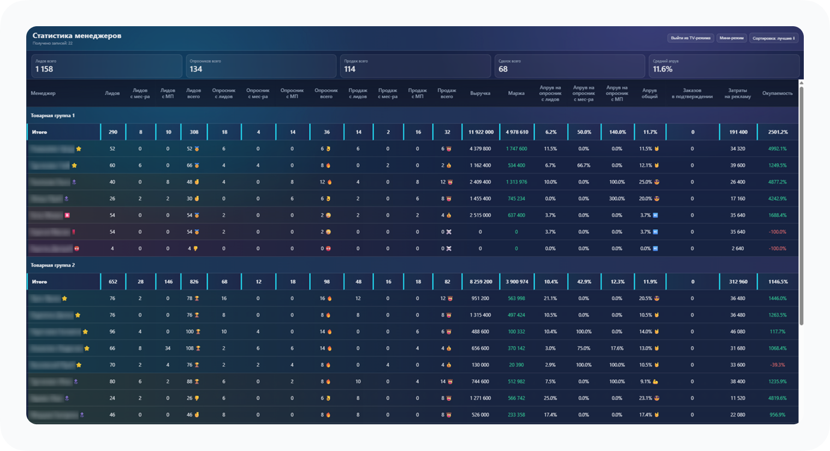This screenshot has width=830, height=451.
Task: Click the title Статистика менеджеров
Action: (x=77, y=35)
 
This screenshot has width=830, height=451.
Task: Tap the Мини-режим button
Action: (x=732, y=38)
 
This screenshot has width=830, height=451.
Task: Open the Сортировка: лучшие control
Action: (x=774, y=38)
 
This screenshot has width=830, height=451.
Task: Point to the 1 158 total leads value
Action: (x=44, y=69)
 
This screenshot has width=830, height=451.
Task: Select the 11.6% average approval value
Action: (x=662, y=69)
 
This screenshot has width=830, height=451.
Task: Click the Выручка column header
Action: (x=480, y=93)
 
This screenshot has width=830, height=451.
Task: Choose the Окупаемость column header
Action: (x=777, y=93)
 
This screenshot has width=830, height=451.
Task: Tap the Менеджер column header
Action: (x=43, y=93)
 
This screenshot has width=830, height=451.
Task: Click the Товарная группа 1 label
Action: (x=53, y=116)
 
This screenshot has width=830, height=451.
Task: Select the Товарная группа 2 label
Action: (x=53, y=265)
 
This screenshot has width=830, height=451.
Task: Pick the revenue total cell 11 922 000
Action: (x=481, y=132)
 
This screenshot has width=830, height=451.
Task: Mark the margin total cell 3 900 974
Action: (x=517, y=282)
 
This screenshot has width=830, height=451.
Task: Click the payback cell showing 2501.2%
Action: (x=777, y=132)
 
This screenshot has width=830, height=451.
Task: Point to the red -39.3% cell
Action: (x=778, y=365)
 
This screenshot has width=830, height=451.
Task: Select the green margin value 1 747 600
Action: (x=517, y=149)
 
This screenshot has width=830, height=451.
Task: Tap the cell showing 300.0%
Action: (x=617, y=199)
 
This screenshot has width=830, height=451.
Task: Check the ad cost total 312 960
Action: (x=738, y=282)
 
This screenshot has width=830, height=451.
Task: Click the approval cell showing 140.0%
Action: (x=617, y=132)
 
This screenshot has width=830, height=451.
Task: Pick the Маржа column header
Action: (x=516, y=93)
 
